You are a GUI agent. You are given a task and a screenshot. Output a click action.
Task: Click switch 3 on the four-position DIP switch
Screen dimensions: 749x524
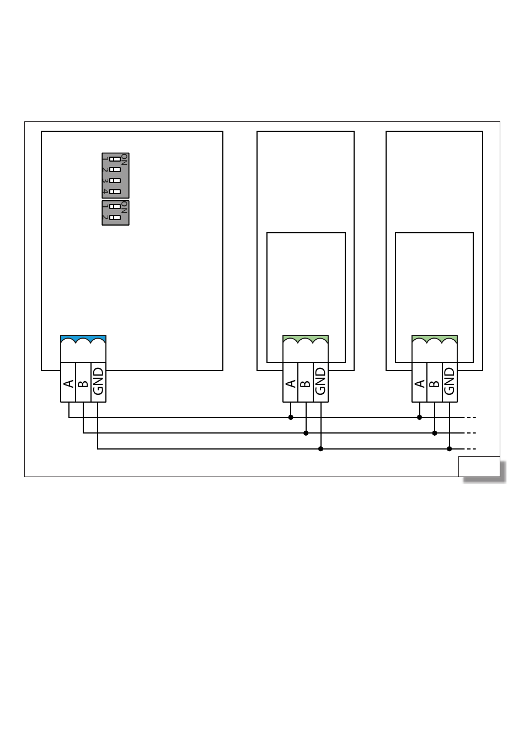tap(115, 180)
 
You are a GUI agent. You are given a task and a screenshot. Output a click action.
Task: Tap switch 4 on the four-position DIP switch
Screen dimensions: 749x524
tap(115, 191)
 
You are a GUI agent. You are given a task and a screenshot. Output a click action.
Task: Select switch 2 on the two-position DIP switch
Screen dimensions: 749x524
tap(115, 217)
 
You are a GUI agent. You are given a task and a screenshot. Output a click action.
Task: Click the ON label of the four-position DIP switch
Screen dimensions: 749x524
tap(125, 159)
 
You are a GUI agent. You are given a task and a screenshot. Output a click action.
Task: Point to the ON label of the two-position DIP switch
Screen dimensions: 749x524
tap(125, 207)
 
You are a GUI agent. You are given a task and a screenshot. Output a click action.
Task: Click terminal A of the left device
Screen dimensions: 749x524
tap(68, 383)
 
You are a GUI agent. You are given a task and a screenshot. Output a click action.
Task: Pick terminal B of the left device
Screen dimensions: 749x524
tap(83, 383)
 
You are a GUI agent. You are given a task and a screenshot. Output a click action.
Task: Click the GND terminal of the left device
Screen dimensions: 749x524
tap(98, 382)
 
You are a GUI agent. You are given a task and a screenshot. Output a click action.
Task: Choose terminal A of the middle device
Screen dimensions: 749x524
tap(291, 382)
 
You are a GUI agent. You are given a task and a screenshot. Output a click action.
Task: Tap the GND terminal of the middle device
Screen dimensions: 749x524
tap(320, 382)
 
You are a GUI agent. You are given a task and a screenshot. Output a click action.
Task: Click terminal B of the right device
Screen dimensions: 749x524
tap(435, 382)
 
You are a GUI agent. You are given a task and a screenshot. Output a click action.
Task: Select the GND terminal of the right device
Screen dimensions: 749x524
tap(450, 382)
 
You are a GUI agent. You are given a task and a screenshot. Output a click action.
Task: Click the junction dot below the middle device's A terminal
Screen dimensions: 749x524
tap(291, 418)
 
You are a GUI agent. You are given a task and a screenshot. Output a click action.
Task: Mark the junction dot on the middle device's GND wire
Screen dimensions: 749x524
tap(320, 449)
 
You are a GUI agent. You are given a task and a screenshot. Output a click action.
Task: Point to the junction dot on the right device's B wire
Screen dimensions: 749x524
tap(435, 433)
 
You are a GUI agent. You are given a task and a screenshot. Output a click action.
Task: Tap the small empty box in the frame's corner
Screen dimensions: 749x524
tap(479, 467)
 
